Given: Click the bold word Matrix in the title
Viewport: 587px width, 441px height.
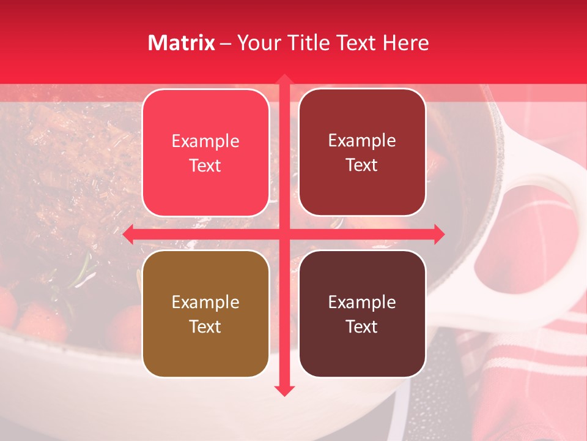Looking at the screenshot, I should [182, 43].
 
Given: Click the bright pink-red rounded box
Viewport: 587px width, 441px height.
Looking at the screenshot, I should [205, 153].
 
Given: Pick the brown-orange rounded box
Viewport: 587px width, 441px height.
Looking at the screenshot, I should [205, 314].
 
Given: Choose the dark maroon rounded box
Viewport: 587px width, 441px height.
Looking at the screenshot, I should [362, 314].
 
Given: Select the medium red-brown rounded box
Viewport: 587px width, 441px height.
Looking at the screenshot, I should [362, 153].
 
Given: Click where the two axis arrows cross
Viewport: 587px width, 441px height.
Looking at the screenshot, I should [284, 234].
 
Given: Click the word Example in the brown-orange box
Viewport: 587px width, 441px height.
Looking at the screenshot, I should [205, 302].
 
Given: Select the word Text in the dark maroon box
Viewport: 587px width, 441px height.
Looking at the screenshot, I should [362, 326].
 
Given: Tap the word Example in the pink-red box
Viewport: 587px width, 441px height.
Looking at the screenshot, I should [205, 141].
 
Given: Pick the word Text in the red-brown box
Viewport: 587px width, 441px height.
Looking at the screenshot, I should [362, 165].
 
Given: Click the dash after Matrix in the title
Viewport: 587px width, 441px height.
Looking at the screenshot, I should [226, 43].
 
